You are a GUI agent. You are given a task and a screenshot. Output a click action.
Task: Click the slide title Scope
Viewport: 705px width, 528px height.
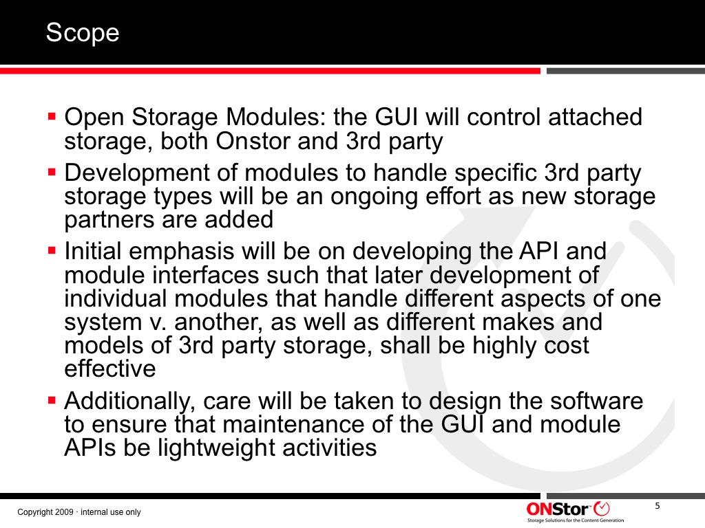pyautogui.click(x=83, y=33)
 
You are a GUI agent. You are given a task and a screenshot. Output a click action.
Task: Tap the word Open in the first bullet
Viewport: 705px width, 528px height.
pyautogui.click(x=94, y=118)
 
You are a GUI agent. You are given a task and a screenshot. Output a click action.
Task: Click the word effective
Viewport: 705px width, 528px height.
pyautogui.click(x=110, y=368)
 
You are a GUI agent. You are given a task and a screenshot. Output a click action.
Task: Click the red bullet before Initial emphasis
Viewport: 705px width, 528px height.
pyautogui.click(x=52, y=250)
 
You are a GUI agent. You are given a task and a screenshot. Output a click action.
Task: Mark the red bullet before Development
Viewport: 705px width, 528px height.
pyautogui.click(x=52, y=171)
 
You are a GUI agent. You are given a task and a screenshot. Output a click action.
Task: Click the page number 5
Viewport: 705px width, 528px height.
pyautogui.click(x=657, y=506)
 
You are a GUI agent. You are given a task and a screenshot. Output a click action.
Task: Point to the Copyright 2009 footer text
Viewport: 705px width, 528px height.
pyautogui.click(x=79, y=511)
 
